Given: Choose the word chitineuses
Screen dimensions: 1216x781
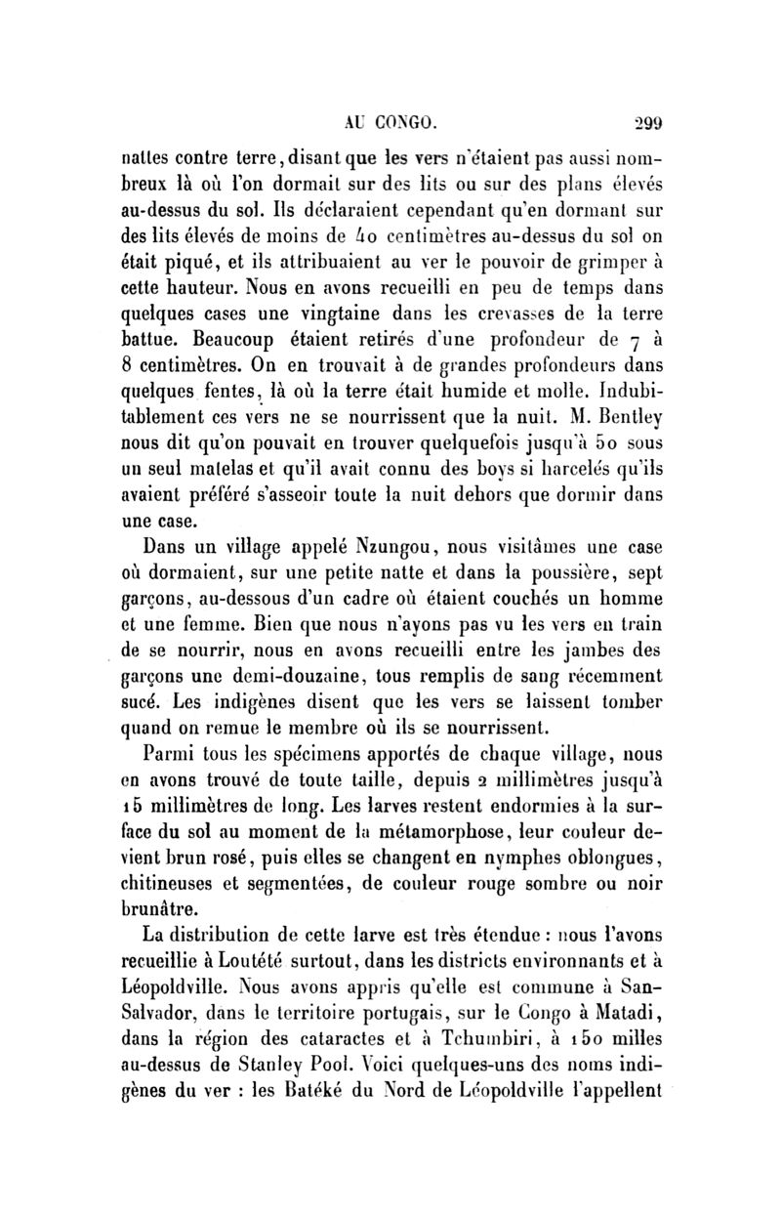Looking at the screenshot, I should point(194,877).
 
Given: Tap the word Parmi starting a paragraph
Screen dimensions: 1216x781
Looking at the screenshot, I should point(171,751).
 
